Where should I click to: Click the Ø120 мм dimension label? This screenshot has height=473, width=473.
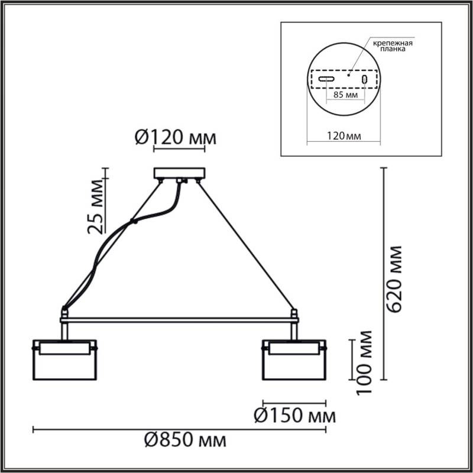click(x=176, y=138)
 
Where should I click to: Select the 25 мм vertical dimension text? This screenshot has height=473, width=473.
click(x=96, y=205)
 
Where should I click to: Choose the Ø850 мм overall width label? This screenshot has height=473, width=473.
click(x=185, y=441)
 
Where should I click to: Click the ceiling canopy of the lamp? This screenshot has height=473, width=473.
click(x=180, y=173)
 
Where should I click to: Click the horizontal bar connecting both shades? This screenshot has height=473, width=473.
click(x=179, y=320)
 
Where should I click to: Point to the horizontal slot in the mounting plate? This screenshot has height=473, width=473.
click(x=326, y=79)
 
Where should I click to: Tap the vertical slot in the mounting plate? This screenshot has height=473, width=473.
click(x=365, y=79)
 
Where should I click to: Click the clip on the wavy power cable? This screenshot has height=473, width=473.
click(x=134, y=222)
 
